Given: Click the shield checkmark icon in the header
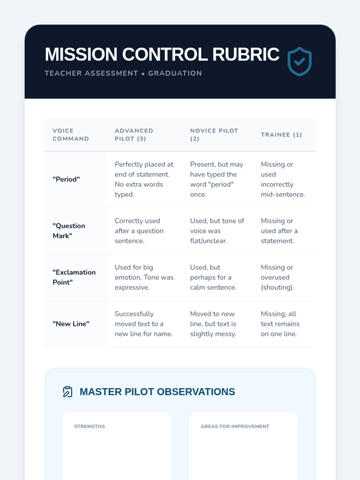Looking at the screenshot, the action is pyautogui.click(x=299, y=62).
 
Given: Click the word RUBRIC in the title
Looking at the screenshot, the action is pyautogui.click(x=246, y=54).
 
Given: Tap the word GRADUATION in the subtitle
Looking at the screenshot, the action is pyautogui.click(x=175, y=73).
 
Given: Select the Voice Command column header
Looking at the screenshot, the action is pyautogui.click(x=71, y=135).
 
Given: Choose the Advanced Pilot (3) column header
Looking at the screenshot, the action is pyautogui.click(x=134, y=135).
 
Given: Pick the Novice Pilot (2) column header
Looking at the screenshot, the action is pyautogui.click(x=214, y=135).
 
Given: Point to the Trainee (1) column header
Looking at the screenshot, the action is pyautogui.click(x=281, y=135).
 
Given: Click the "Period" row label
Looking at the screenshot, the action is pyautogui.click(x=66, y=179).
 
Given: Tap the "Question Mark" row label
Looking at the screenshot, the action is pyautogui.click(x=69, y=231).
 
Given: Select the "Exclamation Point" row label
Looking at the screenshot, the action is pyautogui.click(x=74, y=277).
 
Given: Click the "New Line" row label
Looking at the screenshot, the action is pyautogui.click(x=71, y=324).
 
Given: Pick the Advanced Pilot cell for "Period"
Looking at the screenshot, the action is pyautogui.click(x=144, y=179).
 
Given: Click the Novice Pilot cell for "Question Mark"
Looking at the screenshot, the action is pyautogui.click(x=217, y=231).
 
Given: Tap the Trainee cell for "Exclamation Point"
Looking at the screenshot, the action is pyautogui.click(x=277, y=277).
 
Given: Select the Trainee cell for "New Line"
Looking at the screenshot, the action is pyautogui.click(x=280, y=324).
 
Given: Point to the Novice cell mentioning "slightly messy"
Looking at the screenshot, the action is pyautogui.click(x=213, y=324).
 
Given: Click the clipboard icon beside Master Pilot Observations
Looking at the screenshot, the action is pyautogui.click(x=67, y=392).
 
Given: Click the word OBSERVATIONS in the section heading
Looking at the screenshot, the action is pyautogui.click(x=196, y=392).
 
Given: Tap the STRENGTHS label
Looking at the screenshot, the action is pyautogui.click(x=90, y=426).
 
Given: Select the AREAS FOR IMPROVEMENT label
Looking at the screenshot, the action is pyautogui.click(x=235, y=426).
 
